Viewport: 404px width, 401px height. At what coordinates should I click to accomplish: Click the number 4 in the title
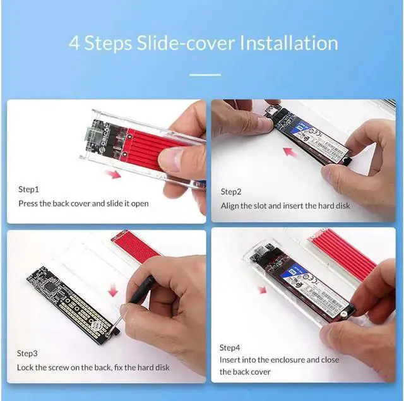click(x=74, y=43)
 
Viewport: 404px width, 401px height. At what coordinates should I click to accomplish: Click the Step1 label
click(x=28, y=189)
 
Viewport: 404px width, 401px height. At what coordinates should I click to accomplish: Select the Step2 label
click(x=232, y=191)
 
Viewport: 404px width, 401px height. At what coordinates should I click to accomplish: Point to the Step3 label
click(x=28, y=353)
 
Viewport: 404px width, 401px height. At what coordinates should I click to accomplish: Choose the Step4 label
click(x=230, y=348)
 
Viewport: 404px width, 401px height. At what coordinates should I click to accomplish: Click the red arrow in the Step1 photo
click(x=113, y=173)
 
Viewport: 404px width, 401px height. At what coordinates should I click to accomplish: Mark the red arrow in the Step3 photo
click(x=114, y=290)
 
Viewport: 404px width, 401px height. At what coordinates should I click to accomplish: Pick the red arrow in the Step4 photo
click(x=261, y=290)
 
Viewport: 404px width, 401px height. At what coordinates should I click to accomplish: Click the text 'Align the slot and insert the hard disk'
click(x=285, y=206)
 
